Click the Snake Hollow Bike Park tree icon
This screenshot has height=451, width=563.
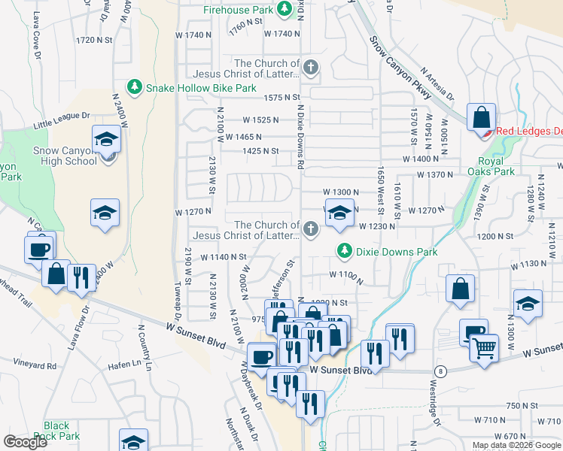(135, 87)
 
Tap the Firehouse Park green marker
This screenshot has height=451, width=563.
(285, 9)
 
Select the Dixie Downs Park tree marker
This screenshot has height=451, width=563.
(344, 250)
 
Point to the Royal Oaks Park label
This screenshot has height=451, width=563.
(497, 165)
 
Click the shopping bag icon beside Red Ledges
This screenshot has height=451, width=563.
(481, 118)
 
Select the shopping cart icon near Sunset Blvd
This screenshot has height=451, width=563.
(484, 347)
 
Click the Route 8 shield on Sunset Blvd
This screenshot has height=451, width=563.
(440, 371)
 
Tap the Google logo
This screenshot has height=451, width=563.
(25, 441)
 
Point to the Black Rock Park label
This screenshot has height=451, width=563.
(62, 431)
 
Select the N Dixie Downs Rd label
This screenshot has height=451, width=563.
(300, 136)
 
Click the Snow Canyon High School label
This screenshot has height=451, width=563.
(65, 156)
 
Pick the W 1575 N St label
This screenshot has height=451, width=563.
(281, 98)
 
